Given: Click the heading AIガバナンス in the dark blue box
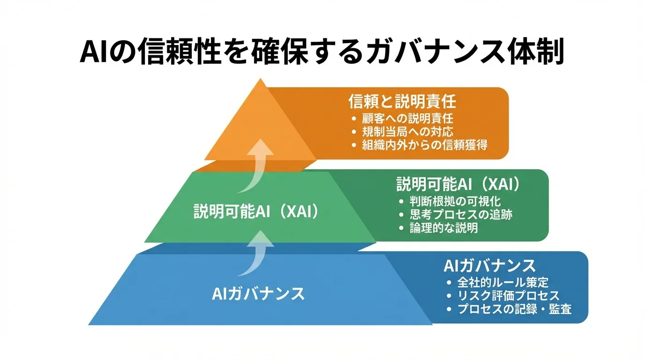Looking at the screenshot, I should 489,266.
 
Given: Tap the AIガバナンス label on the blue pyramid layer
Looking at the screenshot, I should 258,294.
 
